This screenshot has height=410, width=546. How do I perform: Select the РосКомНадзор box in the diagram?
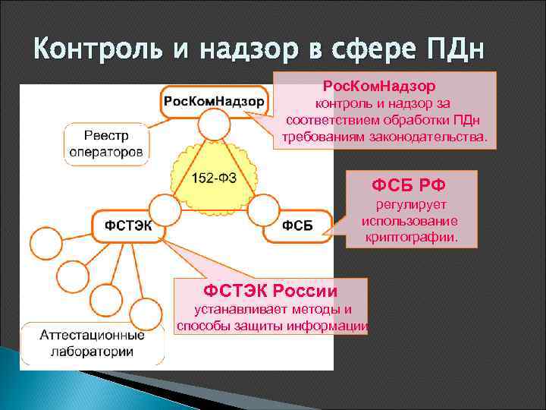(213, 101)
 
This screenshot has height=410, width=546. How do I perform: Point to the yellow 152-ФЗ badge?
(213, 176)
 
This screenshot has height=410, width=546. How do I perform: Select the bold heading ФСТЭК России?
(271, 290)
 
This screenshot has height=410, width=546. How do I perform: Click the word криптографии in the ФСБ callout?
(421, 237)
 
